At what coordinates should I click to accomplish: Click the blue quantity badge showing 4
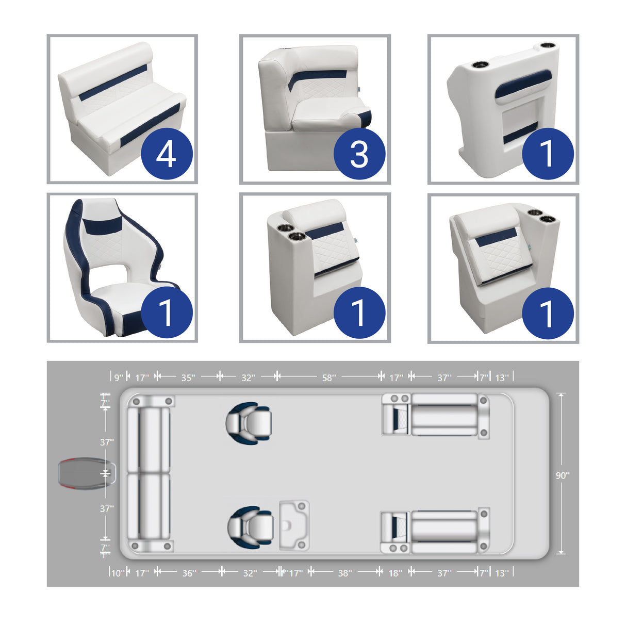pos(167,154)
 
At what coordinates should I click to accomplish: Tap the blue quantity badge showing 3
pos(359,154)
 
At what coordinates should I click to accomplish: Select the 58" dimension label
pos(328,378)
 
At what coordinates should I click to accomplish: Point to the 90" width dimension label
pos(562,475)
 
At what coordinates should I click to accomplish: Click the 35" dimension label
pos(188,378)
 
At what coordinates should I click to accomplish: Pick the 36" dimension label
pos(189,573)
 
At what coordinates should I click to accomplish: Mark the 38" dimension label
pos(345,573)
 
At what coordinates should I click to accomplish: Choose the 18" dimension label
pos(395,573)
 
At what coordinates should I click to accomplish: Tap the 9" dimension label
pos(119,378)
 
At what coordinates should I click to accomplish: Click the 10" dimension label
pos(118,573)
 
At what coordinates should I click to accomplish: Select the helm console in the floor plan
pos(294,524)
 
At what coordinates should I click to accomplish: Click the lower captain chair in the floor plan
pos(250,526)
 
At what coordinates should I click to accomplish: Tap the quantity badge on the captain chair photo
pos(167,312)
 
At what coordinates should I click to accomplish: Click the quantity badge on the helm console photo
pos(548,154)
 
